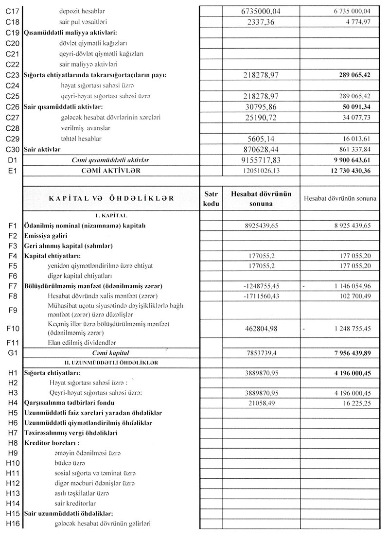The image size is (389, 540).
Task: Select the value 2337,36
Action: coord(261,22)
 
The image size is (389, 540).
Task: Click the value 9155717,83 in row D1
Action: coord(261,160)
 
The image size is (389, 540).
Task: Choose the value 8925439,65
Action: coord(261,226)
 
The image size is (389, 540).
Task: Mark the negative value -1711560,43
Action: coord(261,296)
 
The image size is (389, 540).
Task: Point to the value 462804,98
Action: coord(261,329)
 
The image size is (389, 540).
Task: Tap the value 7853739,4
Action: coord(261,353)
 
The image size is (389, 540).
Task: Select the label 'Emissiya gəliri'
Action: coord(49,236)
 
